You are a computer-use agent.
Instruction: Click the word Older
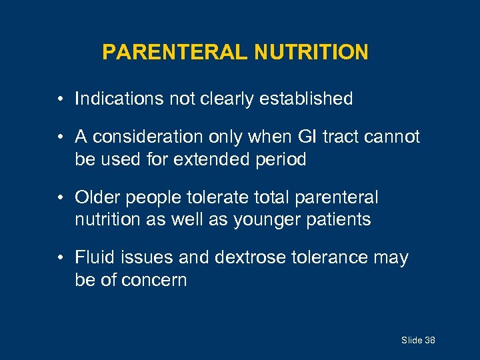tap(97, 197)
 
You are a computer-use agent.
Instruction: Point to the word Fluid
tap(94, 257)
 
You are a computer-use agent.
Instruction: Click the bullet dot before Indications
tap(60, 100)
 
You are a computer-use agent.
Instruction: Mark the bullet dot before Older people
tap(60, 198)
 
